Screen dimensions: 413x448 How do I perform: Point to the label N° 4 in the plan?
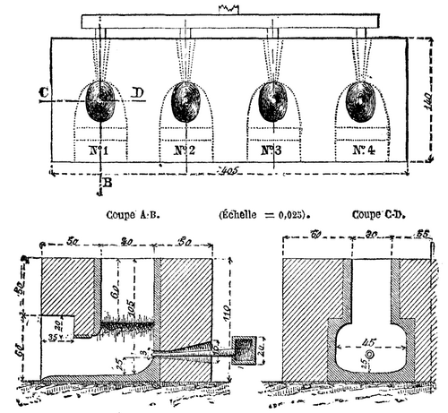(x=362, y=150)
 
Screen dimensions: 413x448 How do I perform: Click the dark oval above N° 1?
(x=103, y=101)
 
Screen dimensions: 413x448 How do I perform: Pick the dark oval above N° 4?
(x=363, y=101)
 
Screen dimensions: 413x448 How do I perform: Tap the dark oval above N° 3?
(x=273, y=101)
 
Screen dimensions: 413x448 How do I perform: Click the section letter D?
(x=137, y=91)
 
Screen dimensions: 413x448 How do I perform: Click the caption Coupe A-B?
(x=132, y=214)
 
